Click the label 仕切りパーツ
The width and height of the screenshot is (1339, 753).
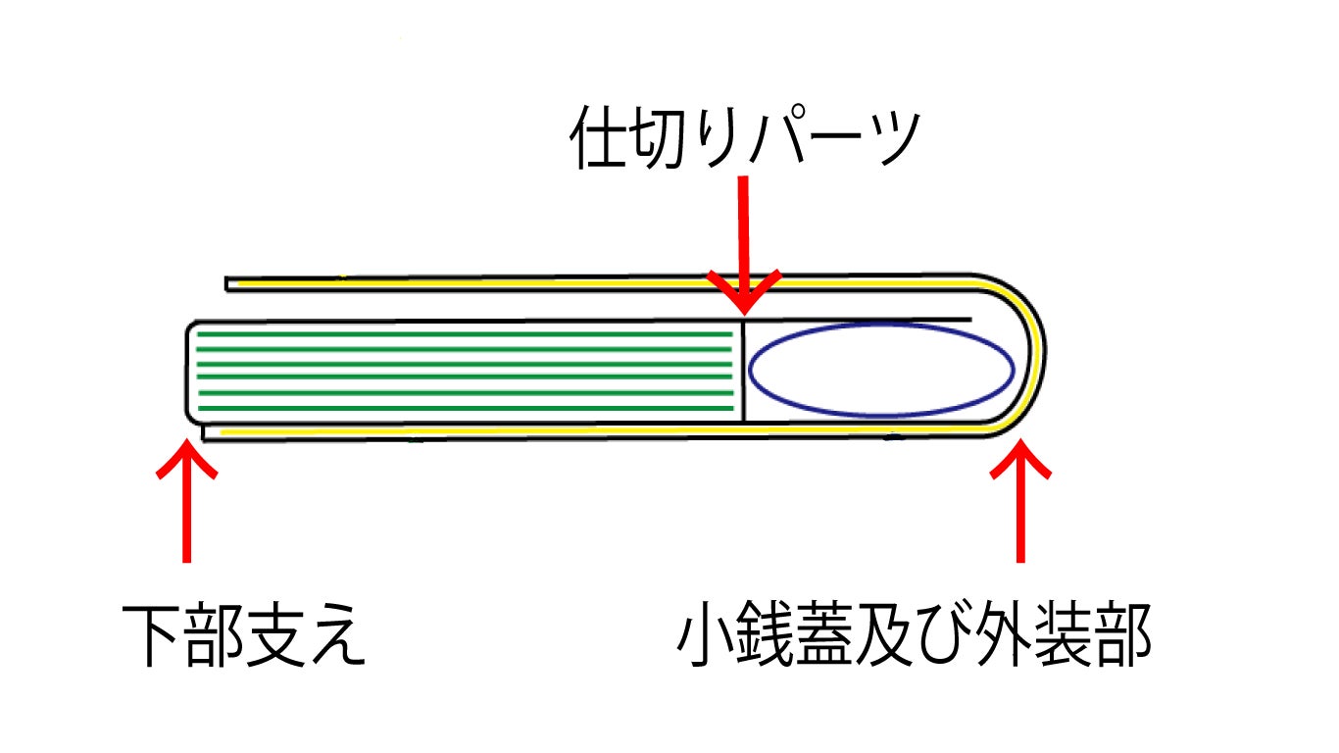745,139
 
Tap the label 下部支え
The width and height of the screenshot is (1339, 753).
244,635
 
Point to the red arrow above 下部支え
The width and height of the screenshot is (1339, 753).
186,500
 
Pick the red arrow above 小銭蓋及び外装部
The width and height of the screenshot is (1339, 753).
1020,500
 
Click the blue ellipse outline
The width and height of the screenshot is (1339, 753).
881,371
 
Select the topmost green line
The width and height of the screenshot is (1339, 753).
466,334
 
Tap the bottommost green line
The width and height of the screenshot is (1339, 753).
466,407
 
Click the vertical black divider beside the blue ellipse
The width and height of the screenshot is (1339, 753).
744,371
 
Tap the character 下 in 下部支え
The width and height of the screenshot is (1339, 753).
151,635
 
